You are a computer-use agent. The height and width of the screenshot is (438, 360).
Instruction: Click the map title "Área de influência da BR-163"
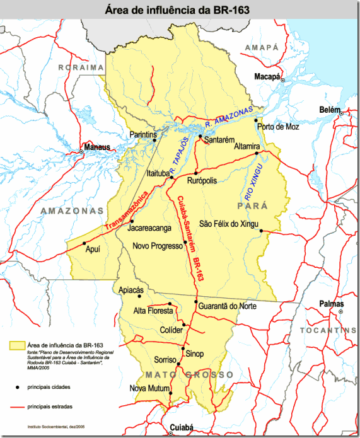(180, 9)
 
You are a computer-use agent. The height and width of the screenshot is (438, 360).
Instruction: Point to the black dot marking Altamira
(257, 153)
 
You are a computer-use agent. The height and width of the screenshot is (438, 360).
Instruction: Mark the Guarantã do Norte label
(227, 306)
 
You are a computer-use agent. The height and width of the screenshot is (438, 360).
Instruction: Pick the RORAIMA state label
(80, 67)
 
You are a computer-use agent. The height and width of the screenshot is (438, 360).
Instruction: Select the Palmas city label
(332, 303)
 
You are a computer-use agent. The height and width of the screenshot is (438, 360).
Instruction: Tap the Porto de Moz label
(277, 126)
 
